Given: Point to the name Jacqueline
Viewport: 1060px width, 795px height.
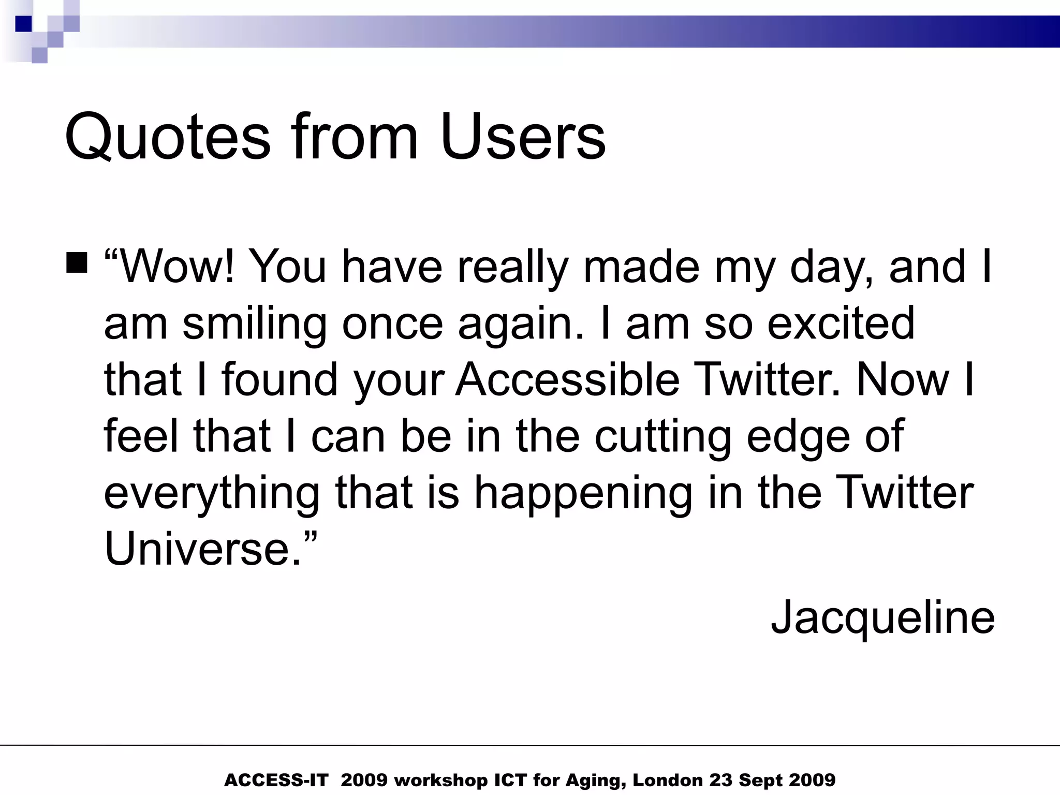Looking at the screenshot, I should coord(882,617).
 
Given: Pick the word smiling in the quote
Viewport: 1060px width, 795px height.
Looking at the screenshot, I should coord(255,323).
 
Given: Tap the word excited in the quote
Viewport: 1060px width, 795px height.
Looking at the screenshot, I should coord(841,323).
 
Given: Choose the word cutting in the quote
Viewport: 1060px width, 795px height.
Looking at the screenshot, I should coord(663,436).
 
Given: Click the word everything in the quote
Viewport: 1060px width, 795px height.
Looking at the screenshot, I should coord(212,493).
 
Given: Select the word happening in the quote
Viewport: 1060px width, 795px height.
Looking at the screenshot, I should coord(583,493).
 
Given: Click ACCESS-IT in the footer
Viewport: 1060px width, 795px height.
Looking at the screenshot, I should coord(276,780).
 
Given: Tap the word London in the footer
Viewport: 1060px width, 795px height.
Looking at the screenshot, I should coord(668,780).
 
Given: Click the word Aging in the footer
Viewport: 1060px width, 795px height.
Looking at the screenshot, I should coord(595,780).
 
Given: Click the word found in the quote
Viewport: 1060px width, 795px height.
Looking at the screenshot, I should coord(280,379).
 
